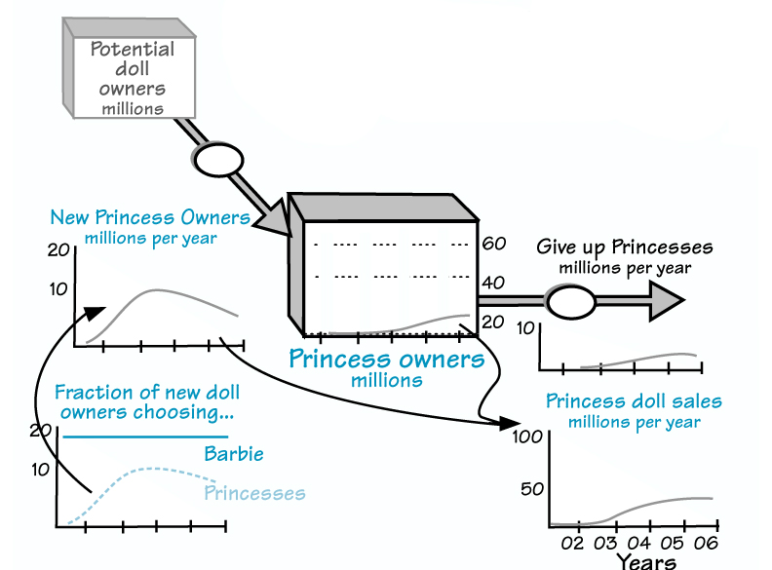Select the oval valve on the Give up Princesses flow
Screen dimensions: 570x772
point(570,301)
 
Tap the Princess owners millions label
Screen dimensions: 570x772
point(387,366)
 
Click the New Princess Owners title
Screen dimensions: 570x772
point(150,217)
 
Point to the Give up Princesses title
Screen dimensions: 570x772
point(625,247)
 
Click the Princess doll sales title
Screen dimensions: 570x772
point(634,401)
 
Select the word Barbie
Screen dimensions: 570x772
point(234,454)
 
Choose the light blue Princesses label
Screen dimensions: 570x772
point(254,493)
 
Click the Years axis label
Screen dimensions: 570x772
point(645,560)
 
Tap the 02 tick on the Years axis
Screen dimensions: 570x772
point(572,543)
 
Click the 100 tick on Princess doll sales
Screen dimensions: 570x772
point(526,437)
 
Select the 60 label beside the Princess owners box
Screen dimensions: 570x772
point(494,244)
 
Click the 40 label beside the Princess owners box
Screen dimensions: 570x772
point(494,284)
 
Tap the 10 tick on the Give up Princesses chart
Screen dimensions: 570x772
point(524,328)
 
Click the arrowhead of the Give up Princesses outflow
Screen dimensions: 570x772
point(668,301)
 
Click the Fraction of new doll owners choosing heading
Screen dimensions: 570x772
point(147,402)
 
